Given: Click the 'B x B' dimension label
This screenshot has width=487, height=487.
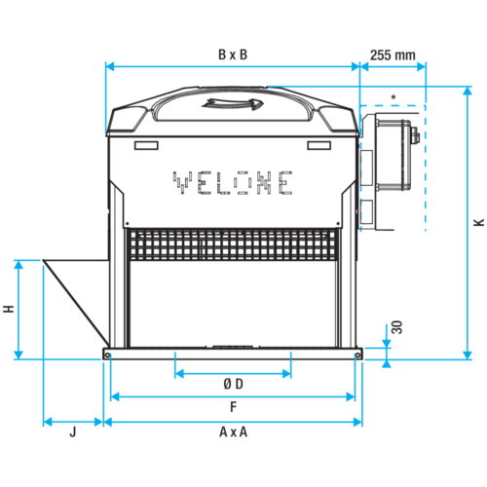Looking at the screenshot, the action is (233, 55).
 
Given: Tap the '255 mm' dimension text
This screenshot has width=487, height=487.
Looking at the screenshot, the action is (393, 56).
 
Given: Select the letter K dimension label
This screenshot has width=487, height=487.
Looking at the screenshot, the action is (479, 222).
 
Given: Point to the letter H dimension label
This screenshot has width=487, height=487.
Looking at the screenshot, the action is (9, 309).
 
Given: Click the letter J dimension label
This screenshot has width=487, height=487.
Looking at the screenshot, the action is (73, 432).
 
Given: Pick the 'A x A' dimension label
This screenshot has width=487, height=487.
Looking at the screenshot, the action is (233, 432).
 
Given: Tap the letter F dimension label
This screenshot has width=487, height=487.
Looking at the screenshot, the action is (234, 407).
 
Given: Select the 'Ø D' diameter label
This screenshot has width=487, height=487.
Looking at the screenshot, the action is (233, 384).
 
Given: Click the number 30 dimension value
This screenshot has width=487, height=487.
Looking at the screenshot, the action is (396, 327).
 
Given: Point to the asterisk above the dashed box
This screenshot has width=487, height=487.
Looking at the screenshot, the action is (393, 96).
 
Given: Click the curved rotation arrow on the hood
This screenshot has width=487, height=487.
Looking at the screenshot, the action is (233, 103).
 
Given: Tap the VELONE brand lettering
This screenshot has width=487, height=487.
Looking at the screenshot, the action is (233, 183).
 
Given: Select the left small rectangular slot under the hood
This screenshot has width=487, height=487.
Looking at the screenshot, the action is (146, 145).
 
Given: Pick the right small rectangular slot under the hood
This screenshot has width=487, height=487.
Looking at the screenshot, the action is (319, 145).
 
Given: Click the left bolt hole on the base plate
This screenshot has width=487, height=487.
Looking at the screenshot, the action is (107, 356).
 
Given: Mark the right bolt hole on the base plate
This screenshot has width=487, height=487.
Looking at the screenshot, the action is (357, 356).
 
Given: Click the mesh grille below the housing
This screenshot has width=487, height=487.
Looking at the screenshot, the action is (233, 244).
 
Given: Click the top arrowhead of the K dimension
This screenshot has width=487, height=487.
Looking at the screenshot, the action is (468, 91).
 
